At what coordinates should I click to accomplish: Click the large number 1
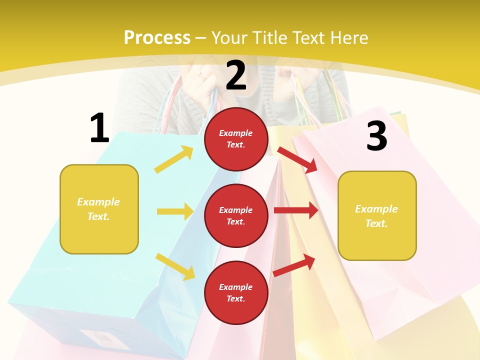(99, 128)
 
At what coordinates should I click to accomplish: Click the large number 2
(236, 75)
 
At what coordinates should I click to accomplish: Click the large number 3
(376, 136)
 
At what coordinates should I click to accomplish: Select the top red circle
(236, 139)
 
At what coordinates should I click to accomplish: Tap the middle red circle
(236, 215)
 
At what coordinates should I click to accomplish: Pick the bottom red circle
(236, 292)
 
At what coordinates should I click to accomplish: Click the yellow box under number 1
(99, 209)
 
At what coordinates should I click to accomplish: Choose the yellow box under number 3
(377, 215)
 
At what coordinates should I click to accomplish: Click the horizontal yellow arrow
(175, 211)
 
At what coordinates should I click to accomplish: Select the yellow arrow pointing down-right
(175, 266)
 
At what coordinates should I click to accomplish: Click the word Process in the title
(157, 37)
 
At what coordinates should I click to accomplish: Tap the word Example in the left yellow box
(98, 202)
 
